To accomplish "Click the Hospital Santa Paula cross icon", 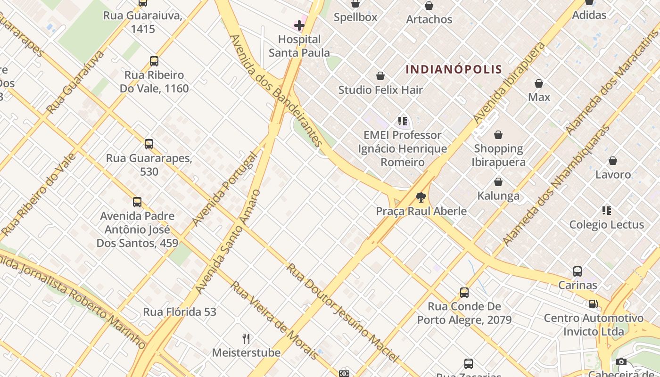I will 299,25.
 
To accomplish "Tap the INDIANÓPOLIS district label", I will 454,70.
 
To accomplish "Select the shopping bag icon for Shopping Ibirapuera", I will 498,135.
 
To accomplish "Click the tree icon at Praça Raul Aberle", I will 421,197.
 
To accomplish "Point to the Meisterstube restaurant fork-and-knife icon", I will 246,338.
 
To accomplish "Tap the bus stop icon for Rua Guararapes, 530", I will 149,144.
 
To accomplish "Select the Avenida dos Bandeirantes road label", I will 276,90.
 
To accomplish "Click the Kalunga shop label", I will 498,196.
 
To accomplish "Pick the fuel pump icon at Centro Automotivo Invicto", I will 593,304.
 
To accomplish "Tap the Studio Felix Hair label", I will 380,90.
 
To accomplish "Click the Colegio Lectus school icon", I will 606,211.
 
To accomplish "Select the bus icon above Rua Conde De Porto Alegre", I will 464,293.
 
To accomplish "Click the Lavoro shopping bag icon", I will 613,161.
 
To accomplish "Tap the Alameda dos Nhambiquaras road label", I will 556,185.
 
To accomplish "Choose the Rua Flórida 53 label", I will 180,312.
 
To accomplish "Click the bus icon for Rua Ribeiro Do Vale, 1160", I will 154,61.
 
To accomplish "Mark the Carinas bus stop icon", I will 577,271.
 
